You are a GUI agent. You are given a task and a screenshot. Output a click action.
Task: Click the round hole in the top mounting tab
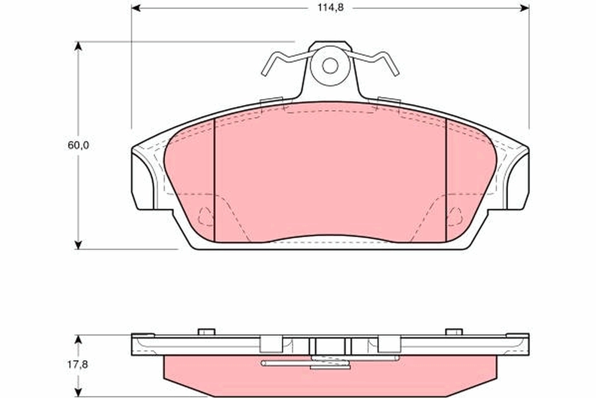[x=330, y=65]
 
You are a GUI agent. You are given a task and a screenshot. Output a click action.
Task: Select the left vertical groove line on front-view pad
[x=214, y=179]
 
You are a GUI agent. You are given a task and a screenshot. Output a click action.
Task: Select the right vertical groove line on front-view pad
[x=447, y=179]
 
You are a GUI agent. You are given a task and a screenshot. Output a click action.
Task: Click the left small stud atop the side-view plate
[x=206, y=331]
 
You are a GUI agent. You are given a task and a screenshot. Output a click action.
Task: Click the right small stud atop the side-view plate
[x=454, y=331]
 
